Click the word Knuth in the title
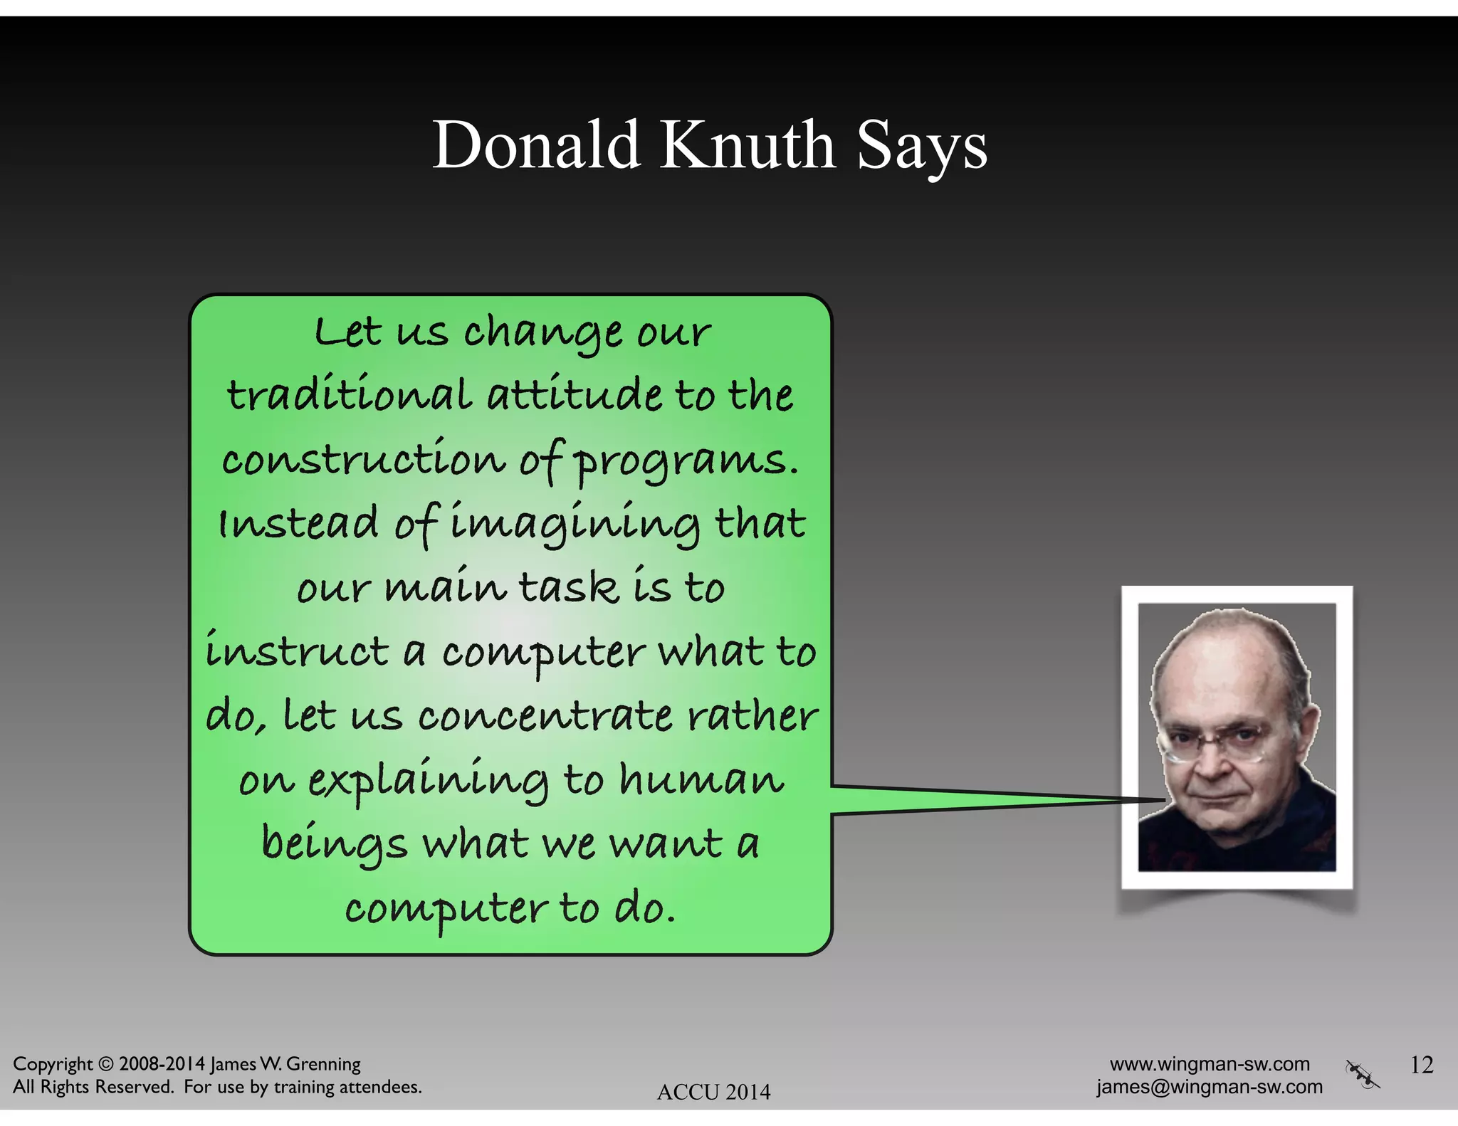[x=748, y=145]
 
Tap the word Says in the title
[x=922, y=147]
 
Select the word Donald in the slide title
[x=537, y=145]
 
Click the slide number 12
[x=1421, y=1065]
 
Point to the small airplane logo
[x=1362, y=1074]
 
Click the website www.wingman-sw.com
[x=1210, y=1064]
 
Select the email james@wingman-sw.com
[x=1210, y=1087]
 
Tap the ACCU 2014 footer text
[x=713, y=1092]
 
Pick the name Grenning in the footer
[x=323, y=1065]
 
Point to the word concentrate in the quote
[x=545, y=716]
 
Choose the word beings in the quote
[x=335, y=844]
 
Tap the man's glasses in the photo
[x=1216, y=740]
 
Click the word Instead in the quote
[x=298, y=524]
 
